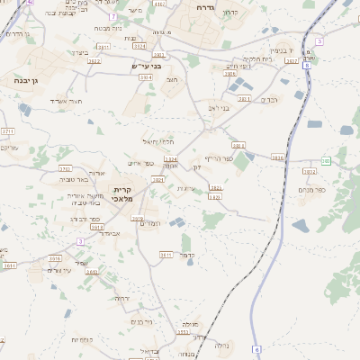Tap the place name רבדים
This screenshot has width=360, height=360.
pyautogui.click(x=269, y=99)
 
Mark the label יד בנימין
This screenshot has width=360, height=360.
pyautogui.click(x=283, y=51)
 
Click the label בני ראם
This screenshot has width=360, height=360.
pyautogui.click(x=219, y=107)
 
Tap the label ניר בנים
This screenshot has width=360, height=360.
pyautogui.click(x=140, y=321)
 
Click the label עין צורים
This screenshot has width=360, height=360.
pyautogui.click(x=59, y=270)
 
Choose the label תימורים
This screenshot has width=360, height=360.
pyautogui.click(x=150, y=222)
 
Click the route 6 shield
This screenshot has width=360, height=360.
pyautogui.click(x=256, y=348)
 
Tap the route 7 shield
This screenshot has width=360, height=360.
pyautogui.click(x=112, y=17)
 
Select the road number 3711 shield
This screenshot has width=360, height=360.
pyautogui.click(x=9, y=131)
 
